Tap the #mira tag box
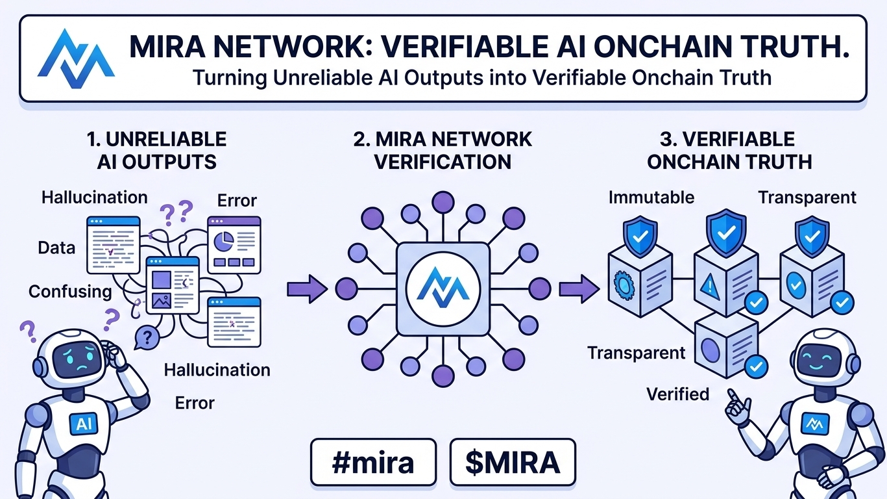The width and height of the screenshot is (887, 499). (x=372, y=462)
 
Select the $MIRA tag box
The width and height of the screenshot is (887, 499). (x=512, y=462)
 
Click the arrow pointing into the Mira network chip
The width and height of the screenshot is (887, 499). (x=307, y=288)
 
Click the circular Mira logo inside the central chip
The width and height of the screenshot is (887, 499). (x=443, y=288)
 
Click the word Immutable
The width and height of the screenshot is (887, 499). (x=651, y=198)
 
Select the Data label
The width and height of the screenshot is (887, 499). (x=56, y=248)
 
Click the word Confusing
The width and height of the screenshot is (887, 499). (x=70, y=291)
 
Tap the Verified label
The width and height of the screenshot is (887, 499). (x=677, y=393)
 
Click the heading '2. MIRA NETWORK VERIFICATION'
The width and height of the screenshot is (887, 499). (x=443, y=150)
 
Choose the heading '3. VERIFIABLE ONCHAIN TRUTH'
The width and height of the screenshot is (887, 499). (x=729, y=150)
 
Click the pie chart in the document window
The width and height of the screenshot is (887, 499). (x=224, y=241)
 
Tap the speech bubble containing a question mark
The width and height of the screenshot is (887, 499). (x=149, y=337)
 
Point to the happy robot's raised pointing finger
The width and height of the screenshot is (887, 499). (x=732, y=394)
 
